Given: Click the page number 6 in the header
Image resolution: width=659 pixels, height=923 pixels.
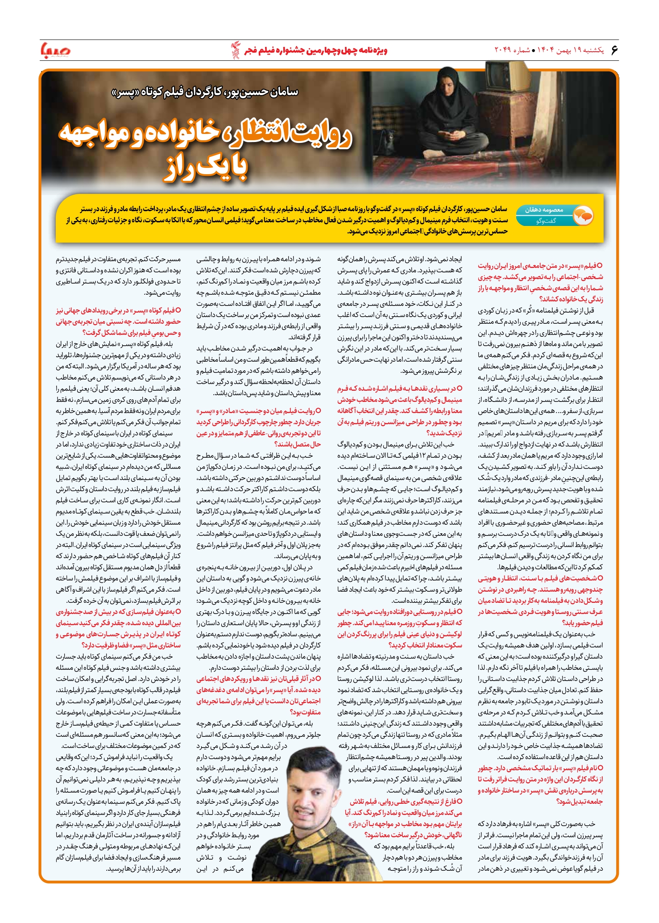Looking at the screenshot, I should tap(614, 50).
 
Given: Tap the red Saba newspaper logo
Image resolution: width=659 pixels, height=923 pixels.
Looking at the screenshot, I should tap(55, 50).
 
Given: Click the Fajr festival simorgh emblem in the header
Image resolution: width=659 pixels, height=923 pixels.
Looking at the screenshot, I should tap(235, 50).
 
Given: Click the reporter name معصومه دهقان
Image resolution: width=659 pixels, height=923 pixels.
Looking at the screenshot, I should tap(544, 209).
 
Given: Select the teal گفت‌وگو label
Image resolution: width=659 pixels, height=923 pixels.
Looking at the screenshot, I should tap(547, 221).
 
